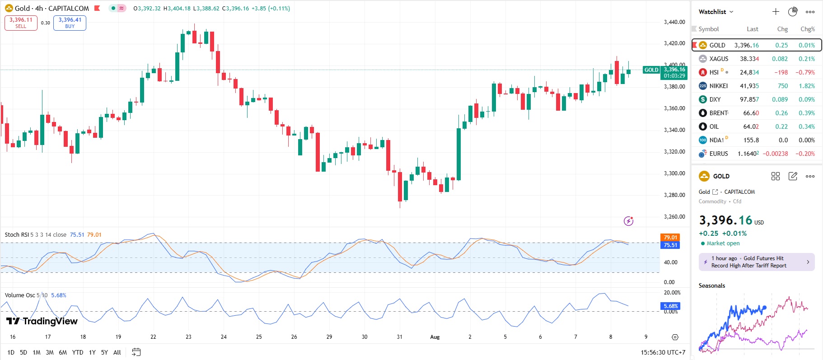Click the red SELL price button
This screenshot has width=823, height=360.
pos(21,23)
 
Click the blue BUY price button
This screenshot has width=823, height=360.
pos(70,23)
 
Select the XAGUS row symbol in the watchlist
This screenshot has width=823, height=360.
pos(718,59)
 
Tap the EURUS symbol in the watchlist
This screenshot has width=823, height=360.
pos(718,154)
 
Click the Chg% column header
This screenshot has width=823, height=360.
pos(807,29)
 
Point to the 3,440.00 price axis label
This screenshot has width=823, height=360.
pos(674,22)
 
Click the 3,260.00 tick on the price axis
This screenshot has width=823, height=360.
pos(674,217)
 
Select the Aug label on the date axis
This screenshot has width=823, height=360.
pos(435,337)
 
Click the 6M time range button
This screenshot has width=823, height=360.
pos(63,352)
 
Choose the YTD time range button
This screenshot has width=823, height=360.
pos(78,352)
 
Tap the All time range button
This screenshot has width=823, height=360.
pos(117,352)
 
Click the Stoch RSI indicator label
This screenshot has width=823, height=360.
pos(16,235)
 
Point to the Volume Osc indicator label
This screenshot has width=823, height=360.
pos(20,295)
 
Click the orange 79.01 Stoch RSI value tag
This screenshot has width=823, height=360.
pos(670,238)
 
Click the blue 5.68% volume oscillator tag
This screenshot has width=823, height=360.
pos(670,306)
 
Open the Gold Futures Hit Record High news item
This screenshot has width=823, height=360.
pos(756,262)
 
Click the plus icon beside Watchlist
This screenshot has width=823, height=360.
pos(776,12)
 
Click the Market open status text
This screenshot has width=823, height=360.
pos(723,243)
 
